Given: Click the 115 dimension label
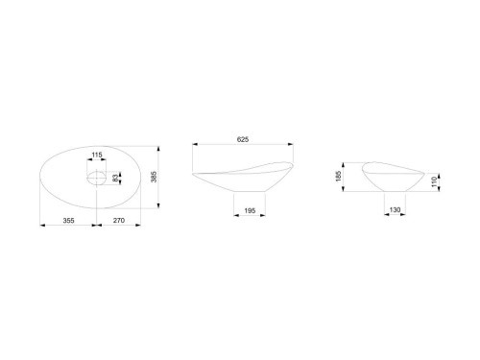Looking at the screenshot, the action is (97, 155).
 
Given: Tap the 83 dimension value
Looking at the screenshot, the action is (115, 179).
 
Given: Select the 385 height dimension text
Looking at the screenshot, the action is (154, 177).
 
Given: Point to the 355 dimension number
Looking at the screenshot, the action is (68, 220).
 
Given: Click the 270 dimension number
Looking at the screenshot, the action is (119, 220).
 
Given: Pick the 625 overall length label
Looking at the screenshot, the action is (243, 139).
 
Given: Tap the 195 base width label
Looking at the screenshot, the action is (250, 210).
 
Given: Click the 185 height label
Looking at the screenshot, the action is (339, 177).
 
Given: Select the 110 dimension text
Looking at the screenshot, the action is (434, 182).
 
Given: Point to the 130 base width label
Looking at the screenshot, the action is (395, 210).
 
